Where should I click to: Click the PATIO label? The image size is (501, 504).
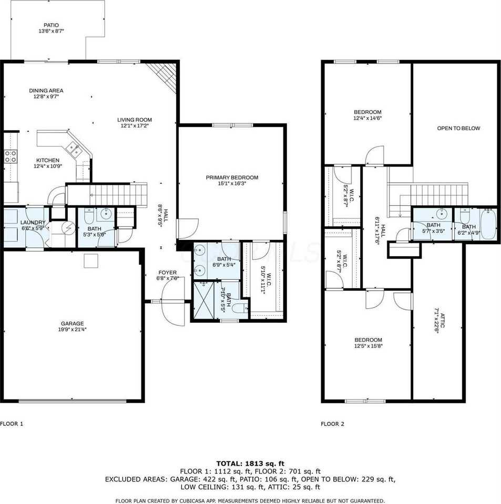(51, 25)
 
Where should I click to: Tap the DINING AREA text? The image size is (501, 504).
(46, 90)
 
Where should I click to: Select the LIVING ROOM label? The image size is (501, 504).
(135, 120)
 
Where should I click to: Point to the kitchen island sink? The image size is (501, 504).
(75, 151)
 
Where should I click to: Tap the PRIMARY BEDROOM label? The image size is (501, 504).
(232, 177)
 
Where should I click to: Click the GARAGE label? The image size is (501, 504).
(71, 323)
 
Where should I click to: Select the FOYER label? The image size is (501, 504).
(167, 272)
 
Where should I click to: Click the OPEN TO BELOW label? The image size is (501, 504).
(458, 128)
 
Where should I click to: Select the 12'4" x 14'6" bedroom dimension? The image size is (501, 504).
(367, 118)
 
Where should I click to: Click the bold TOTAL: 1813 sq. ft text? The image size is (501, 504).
(250, 464)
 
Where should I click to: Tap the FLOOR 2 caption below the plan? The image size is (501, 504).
(332, 424)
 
